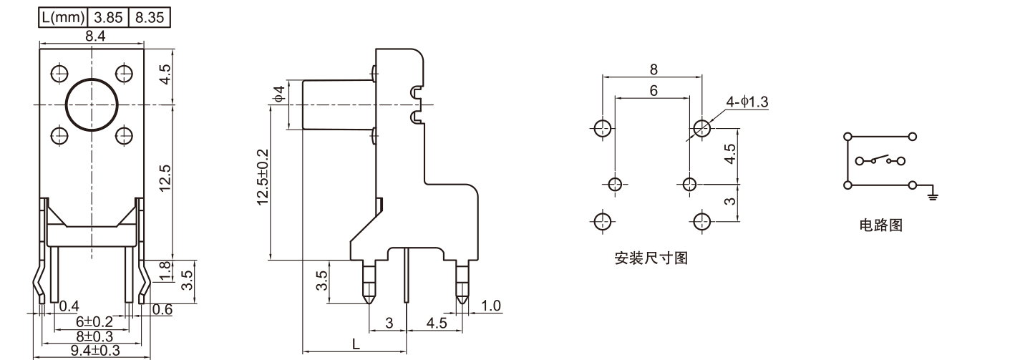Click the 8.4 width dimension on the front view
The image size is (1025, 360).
[x=93, y=35]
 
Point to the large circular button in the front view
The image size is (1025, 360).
[x=92, y=104]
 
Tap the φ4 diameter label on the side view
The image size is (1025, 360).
[x=279, y=94]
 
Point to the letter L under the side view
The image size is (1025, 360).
[x=356, y=344]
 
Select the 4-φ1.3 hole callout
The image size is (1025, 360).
[x=747, y=102]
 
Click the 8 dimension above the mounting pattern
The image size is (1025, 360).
[x=654, y=70]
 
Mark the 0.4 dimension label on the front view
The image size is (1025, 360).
[x=69, y=307]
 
